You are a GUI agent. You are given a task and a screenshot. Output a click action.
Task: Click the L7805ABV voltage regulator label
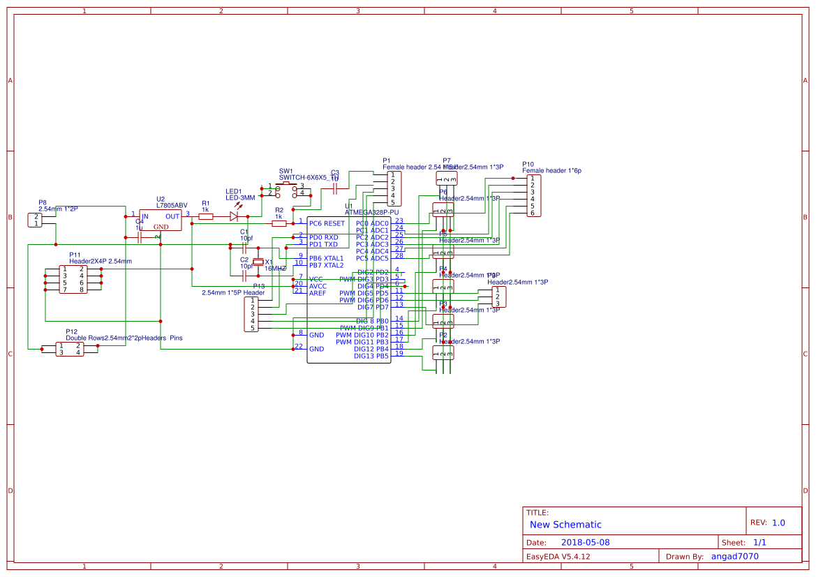pyautogui.click(x=172, y=205)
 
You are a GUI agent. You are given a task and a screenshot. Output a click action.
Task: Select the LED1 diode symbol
pyautogui.click(x=234, y=216)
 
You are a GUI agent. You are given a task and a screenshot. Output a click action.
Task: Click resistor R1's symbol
pyautogui.click(x=206, y=216)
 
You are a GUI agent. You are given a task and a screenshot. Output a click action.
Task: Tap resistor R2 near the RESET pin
pyautogui.click(x=279, y=223)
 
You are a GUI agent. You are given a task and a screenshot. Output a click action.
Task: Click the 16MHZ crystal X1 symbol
pyautogui.click(x=258, y=262)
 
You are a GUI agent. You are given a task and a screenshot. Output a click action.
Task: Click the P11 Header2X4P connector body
pyautogui.click(x=73, y=279)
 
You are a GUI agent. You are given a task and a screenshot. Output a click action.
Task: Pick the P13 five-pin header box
pyautogui.click(x=252, y=314)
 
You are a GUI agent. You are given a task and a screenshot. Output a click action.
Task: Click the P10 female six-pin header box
pyautogui.click(x=533, y=195)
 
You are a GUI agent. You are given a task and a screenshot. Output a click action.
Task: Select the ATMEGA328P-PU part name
pyautogui.click(x=371, y=211)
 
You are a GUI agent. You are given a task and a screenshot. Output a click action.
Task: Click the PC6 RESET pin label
pyautogui.click(x=327, y=223)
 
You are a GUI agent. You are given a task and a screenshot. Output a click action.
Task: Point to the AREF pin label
pyautogui.click(x=318, y=293)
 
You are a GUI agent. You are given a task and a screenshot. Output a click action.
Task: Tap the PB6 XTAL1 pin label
pyautogui.click(x=326, y=258)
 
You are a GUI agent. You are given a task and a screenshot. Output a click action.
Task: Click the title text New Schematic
pyautogui.click(x=565, y=525)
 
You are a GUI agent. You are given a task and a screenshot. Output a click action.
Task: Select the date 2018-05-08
pyautogui.click(x=586, y=542)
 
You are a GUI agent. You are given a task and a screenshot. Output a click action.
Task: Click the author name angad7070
pyautogui.click(x=734, y=556)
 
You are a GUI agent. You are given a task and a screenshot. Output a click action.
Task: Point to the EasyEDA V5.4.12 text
pyautogui.click(x=558, y=556)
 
